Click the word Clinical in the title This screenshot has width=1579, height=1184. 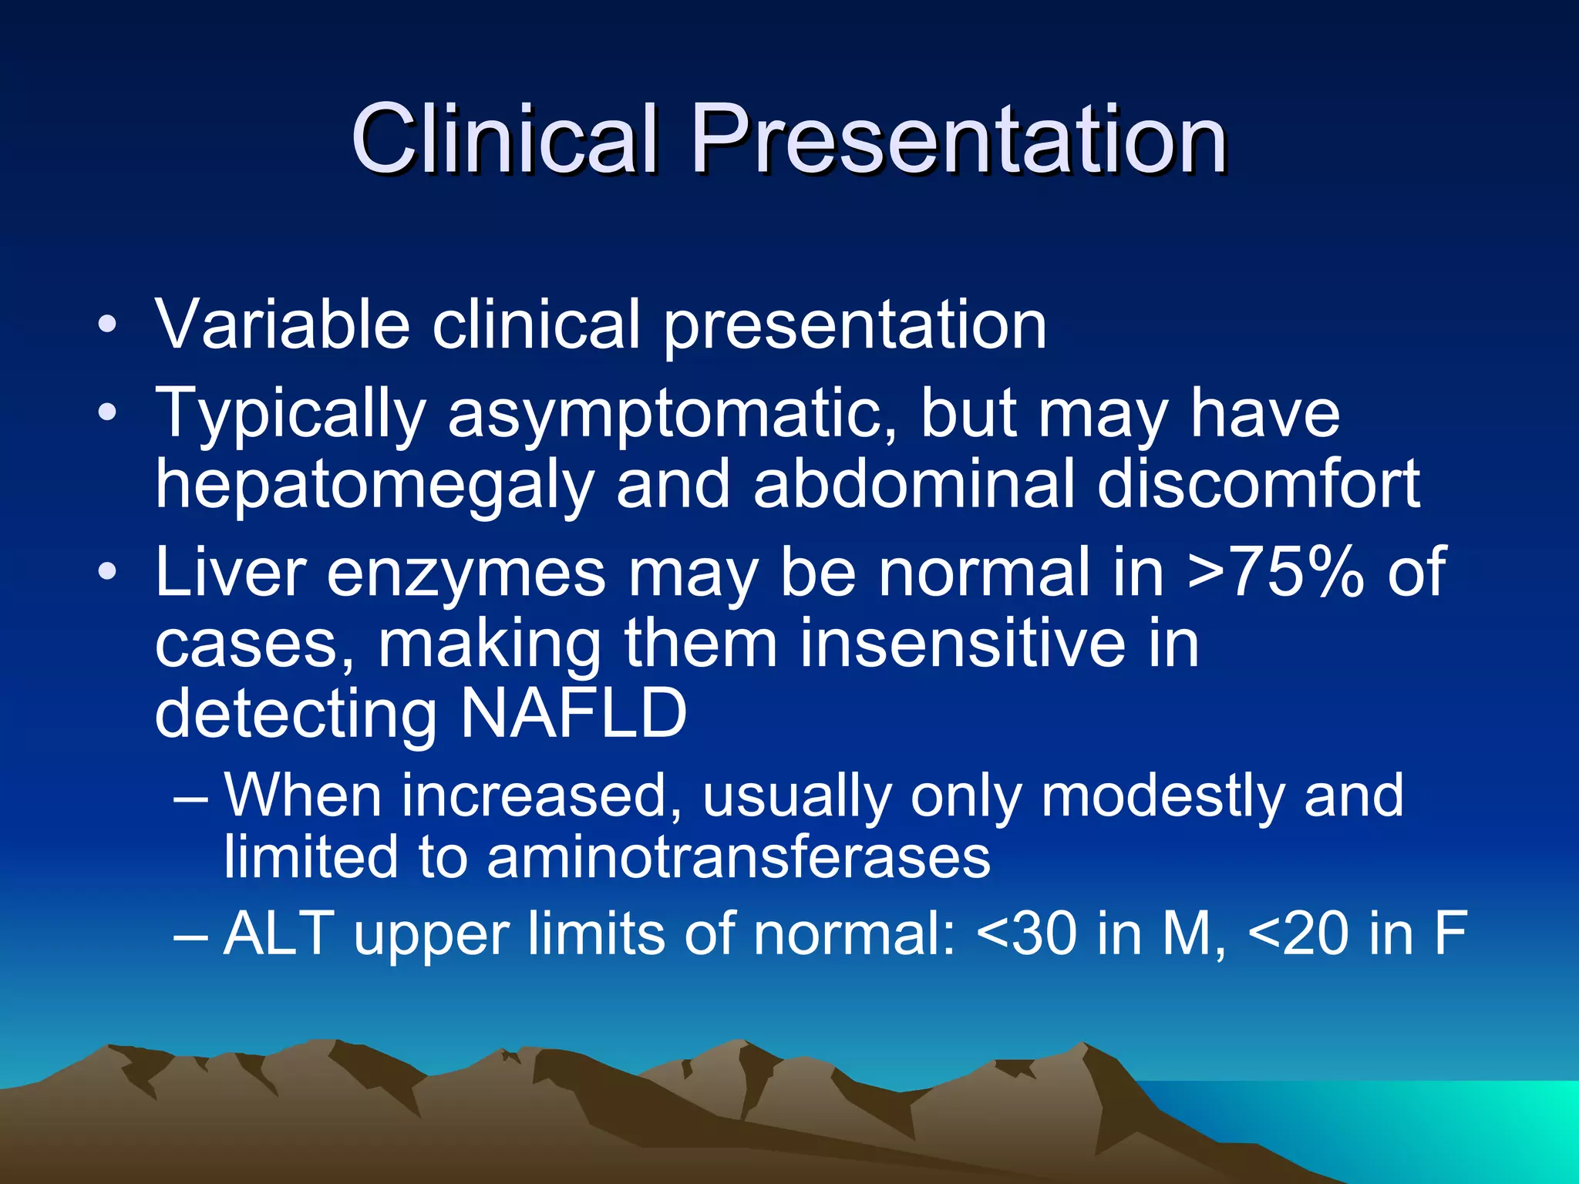point(505,140)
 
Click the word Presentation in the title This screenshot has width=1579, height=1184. point(958,140)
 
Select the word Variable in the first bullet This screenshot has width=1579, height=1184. point(282,325)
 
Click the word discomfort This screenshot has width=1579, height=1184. point(1258,484)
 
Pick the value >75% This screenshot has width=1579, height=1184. point(1276,572)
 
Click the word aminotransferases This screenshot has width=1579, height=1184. point(738,857)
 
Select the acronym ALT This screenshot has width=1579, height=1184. point(278,933)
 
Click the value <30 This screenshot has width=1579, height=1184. point(1025,933)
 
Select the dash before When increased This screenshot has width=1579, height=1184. point(190,797)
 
